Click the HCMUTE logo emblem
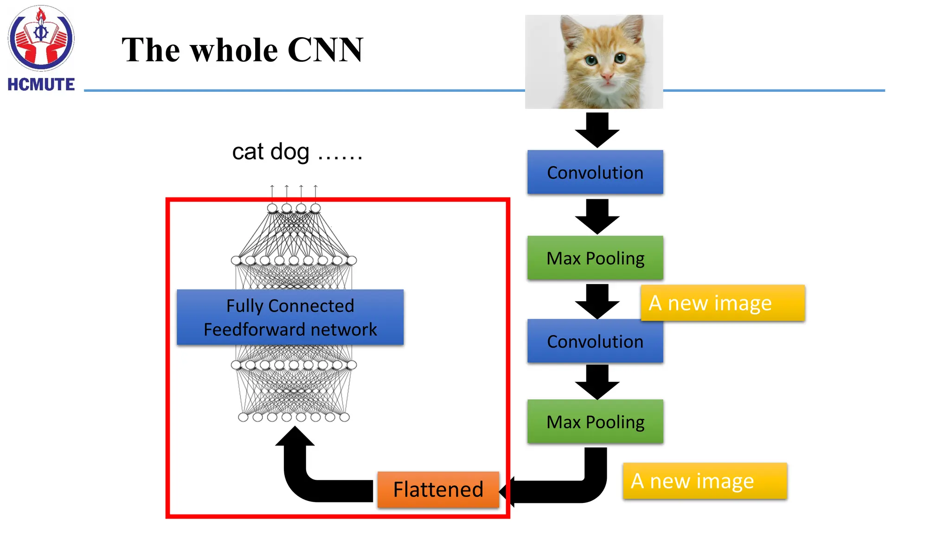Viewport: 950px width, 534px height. pos(41,38)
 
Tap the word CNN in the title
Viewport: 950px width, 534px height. pos(325,50)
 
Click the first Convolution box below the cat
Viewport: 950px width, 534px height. pos(595,172)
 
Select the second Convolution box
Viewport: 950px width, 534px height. pos(595,342)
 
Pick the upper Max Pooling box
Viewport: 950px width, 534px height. pos(595,258)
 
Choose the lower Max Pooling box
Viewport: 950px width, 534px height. pos(595,422)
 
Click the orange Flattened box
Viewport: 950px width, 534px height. pos(438,489)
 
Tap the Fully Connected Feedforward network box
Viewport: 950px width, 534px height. pos(290,318)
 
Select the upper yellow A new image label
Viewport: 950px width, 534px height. pos(722,303)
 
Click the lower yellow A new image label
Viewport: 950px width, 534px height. pos(704,481)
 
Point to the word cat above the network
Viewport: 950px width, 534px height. pos(248,152)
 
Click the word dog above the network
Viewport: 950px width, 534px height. pos(289,152)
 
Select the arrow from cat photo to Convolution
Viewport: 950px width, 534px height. pos(597,130)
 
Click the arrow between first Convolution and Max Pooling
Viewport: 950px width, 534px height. pos(597,216)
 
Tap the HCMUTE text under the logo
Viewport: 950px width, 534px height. pos(41,85)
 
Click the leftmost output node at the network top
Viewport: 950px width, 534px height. pos(272,208)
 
